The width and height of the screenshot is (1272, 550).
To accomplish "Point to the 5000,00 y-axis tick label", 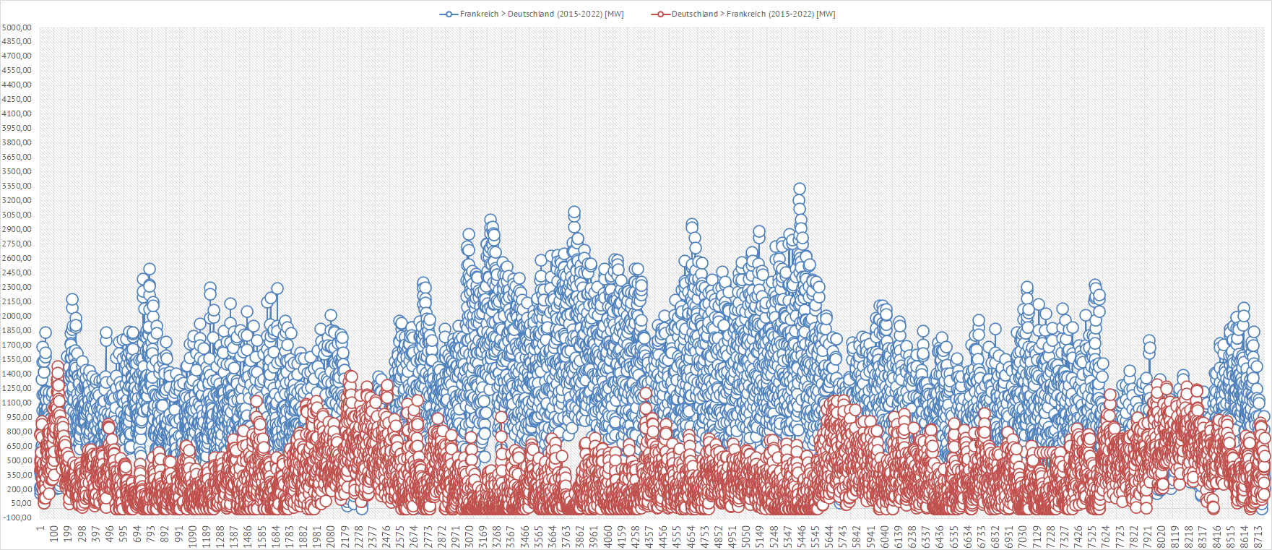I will coord(17,27).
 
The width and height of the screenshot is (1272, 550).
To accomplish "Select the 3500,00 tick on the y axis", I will coord(17,171).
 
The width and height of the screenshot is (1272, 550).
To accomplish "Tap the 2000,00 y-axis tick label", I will coord(17,316).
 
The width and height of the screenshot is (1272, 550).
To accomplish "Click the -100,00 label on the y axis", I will coord(17,517).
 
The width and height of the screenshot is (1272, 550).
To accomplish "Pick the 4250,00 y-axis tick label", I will coord(17,99).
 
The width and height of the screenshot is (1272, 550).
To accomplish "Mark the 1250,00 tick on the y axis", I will coord(17,388).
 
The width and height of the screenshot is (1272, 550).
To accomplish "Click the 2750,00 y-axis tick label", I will coord(17,244).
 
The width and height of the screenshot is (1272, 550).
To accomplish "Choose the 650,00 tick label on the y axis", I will coord(17,446).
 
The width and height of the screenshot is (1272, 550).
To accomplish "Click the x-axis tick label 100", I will coord(54,534).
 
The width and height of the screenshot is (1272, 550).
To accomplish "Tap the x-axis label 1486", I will coord(248,534).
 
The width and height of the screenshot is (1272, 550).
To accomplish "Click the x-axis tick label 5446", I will coord(802,534).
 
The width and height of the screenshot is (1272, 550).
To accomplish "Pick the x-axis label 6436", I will coord(940,534).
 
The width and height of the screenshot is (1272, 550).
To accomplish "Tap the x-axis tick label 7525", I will coord(1092,534).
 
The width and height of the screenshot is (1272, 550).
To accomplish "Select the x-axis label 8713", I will coord(1258,534).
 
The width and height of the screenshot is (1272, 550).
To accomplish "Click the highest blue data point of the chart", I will coord(799,189).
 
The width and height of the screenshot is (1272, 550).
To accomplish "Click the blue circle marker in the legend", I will coord(449,14).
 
